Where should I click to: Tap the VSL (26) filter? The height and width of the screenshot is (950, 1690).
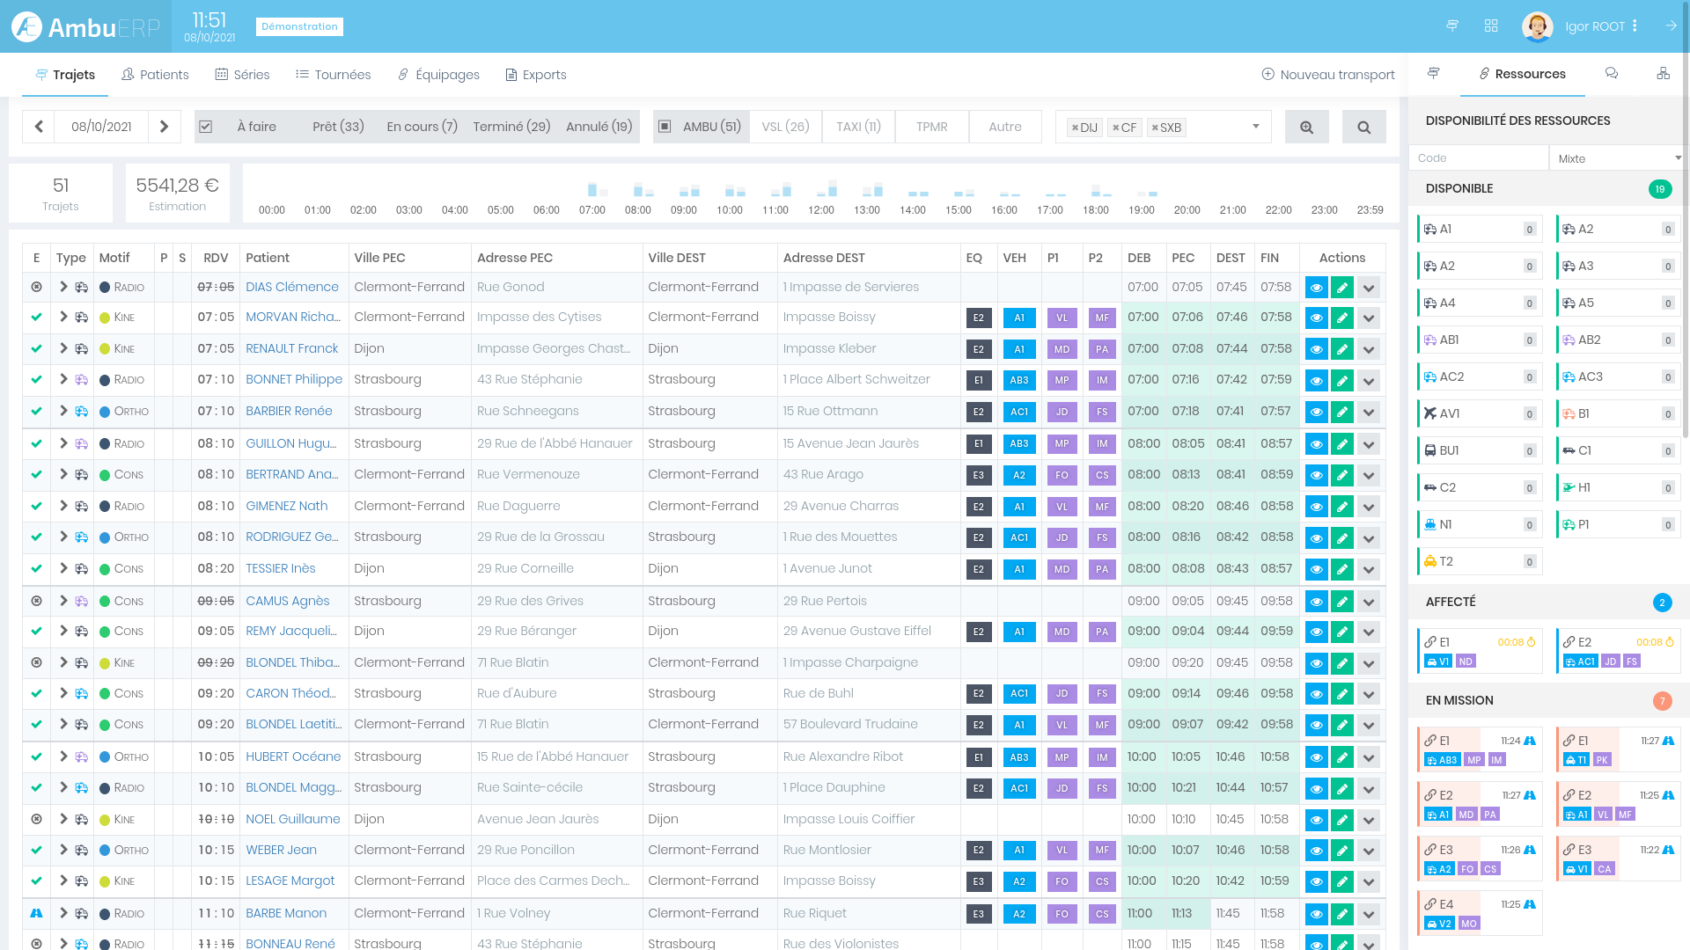pos(785,127)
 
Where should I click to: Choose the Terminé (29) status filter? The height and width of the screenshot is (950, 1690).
pos(511,127)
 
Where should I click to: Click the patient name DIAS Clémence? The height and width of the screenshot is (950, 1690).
pos(291,287)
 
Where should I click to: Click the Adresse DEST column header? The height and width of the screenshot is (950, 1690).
pos(824,258)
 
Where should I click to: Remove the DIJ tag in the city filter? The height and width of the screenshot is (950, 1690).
pos(1075,128)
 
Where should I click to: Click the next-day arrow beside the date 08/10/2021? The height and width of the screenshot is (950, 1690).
pos(164,127)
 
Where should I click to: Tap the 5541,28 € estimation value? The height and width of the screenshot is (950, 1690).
pos(177,186)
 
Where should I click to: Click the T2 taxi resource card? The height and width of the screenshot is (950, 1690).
pos(1479,561)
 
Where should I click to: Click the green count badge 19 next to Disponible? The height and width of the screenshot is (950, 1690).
pos(1659,189)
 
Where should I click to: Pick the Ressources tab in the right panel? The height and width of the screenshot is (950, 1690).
pos(1522,74)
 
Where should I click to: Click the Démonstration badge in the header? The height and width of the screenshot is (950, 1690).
pos(299,26)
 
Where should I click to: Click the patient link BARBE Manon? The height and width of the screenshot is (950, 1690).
pos(286,913)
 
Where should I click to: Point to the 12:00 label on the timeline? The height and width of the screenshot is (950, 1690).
pos(820,210)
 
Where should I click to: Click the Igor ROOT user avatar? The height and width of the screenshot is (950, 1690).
pos(1537,26)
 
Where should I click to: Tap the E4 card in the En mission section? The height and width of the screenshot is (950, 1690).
pos(1479,913)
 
